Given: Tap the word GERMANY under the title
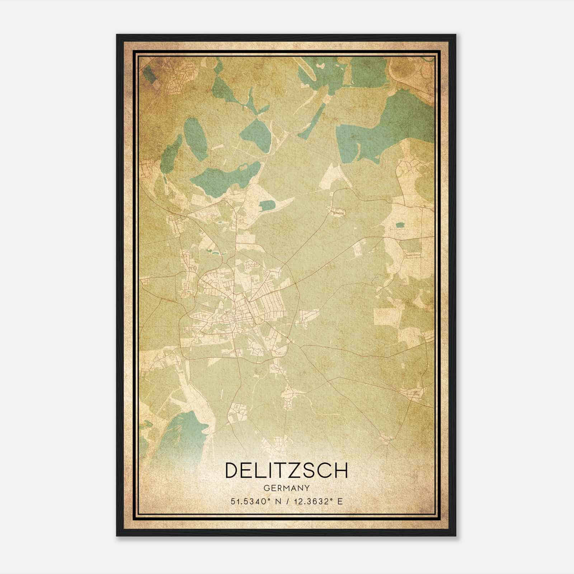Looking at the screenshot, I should tap(287, 488).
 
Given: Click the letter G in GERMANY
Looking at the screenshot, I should tap(266, 488).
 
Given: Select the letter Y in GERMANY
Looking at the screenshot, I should tap(307, 488).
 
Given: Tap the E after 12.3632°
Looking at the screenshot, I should tap(340, 501).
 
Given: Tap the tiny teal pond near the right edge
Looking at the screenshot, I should tap(399, 225).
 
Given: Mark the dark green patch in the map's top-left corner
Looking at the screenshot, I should tap(148, 74).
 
